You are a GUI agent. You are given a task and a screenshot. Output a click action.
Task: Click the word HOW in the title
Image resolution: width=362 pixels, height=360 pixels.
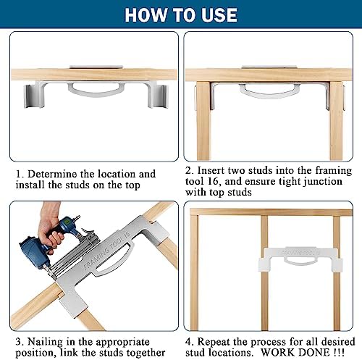click(146, 15)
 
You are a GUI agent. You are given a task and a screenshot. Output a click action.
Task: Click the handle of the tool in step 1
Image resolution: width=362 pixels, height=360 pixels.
click(96, 89)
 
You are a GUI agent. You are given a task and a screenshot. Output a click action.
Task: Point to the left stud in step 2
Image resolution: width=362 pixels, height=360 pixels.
click(203, 121)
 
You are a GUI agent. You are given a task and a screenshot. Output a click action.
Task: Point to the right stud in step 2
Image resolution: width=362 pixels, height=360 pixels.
click(336, 121)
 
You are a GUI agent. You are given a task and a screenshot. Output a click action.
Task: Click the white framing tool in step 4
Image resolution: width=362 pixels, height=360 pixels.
click(300, 259)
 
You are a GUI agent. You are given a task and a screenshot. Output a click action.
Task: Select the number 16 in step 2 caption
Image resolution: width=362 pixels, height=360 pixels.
click(213, 181)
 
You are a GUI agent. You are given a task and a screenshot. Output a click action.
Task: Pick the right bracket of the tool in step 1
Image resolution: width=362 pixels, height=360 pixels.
click(158, 96)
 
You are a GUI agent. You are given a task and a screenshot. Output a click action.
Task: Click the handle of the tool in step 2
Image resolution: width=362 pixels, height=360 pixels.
click(269, 91)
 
